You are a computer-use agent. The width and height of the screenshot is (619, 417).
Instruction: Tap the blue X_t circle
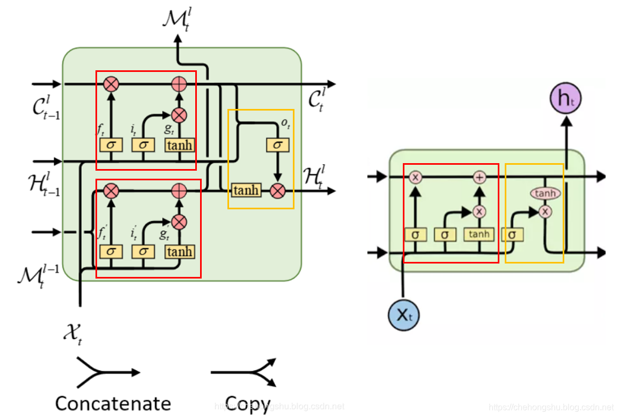point(403,315)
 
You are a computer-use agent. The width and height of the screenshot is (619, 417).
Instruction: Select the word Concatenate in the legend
point(113,403)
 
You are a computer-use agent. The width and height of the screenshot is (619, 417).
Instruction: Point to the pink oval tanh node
point(545,193)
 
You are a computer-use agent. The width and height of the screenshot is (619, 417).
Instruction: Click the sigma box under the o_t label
point(277,145)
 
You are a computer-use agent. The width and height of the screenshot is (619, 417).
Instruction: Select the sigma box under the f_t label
point(111,145)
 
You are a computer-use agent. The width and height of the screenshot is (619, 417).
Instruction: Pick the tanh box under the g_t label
point(179,145)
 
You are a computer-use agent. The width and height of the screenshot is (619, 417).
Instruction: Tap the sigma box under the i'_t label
point(143,252)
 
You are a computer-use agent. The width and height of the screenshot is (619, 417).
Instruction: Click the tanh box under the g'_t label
point(179,252)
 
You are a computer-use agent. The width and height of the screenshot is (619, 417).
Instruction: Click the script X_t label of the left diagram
point(72,334)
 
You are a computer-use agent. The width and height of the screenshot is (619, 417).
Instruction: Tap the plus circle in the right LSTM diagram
point(479,178)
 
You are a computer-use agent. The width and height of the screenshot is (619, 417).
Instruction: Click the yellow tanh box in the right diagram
point(478,234)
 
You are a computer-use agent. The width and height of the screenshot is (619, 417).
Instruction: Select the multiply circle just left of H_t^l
point(277,191)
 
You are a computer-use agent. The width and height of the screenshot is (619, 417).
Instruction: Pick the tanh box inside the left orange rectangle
point(246,191)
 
